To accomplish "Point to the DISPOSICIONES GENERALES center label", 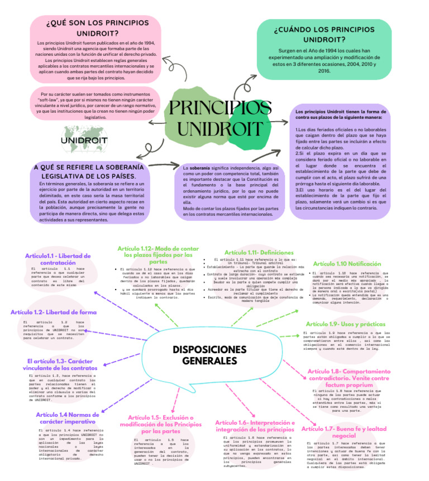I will click(209, 355).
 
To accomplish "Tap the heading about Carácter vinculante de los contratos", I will click(60, 364).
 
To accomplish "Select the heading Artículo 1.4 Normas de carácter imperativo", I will click(68, 418).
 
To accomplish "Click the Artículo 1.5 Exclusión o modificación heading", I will click(161, 424).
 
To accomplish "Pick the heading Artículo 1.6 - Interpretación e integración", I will click(255, 426).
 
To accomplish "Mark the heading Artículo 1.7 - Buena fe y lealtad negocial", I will click(344, 432).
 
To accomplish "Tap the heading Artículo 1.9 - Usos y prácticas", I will click(346, 324).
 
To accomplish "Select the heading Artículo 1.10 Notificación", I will click(347, 263).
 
